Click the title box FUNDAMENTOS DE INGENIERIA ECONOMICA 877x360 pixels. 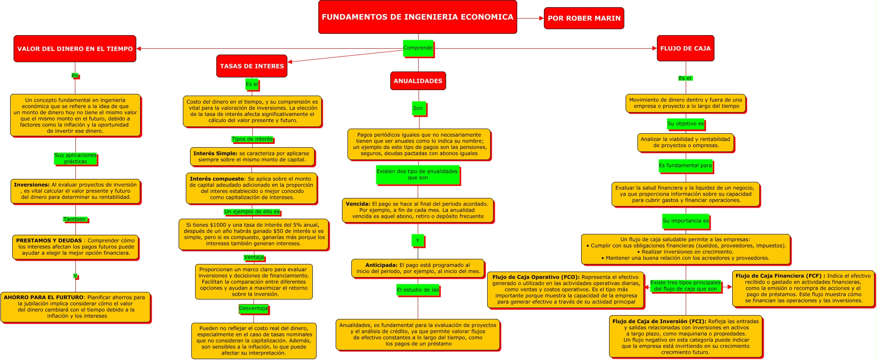pos(417,17)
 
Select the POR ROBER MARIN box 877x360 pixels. pos(584,18)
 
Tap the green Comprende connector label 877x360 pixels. pos(418,48)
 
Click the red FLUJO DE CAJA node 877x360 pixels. pos(685,48)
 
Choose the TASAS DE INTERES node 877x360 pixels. pos(252,66)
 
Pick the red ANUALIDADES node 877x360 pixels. pos(418,81)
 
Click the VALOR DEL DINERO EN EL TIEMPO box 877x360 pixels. pos(75,49)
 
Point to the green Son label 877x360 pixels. pos(418,108)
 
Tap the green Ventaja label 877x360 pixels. pos(254,257)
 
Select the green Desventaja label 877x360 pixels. pos(253,308)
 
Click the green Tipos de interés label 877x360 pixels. pos(252,139)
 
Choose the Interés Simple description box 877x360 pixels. pos(252,157)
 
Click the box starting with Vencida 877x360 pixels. pos(417,210)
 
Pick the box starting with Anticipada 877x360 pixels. pos(418,268)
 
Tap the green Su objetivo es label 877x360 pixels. pos(685,124)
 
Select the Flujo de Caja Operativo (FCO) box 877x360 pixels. pos(565,289)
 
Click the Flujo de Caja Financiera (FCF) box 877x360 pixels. pos(803,288)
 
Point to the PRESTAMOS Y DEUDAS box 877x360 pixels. pos(75,247)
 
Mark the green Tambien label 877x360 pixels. pos(75,219)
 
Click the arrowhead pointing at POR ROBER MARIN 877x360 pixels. pos(541,18)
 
